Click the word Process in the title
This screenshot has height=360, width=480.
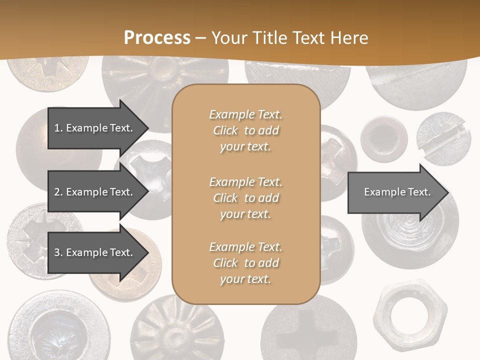[x=157, y=38]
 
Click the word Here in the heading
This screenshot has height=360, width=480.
[x=349, y=38]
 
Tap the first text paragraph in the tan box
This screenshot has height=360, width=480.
[x=245, y=130]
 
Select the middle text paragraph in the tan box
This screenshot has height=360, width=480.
[x=245, y=197]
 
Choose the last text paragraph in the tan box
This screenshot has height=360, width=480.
[x=245, y=263]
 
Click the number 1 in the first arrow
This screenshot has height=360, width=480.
[x=57, y=128]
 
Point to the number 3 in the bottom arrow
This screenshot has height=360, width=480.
[x=57, y=252]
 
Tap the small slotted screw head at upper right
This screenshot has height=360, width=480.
[x=443, y=139]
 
